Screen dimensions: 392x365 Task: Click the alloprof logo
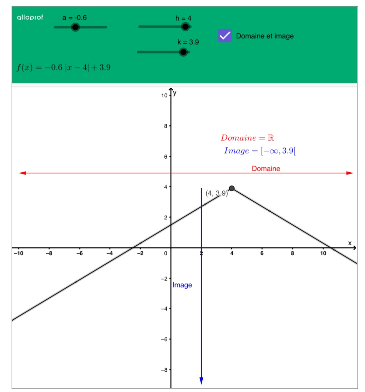(x=30, y=18)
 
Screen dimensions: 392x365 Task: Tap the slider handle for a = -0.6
(x=75, y=27)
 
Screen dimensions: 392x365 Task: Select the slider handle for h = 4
(x=185, y=27)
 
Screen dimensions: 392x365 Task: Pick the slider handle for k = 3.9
(x=183, y=52)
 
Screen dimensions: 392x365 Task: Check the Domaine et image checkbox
(x=225, y=36)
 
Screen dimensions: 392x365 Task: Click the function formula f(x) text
(x=63, y=68)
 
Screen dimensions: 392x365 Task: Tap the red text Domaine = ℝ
(x=247, y=138)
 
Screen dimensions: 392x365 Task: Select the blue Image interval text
(x=260, y=151)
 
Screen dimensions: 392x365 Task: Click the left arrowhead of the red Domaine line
(x=22, y=173)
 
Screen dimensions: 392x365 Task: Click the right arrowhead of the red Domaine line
(x=350, y=173)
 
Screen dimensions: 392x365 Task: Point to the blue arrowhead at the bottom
(x=201, y=381)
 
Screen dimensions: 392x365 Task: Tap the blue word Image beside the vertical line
(x=182, y=285)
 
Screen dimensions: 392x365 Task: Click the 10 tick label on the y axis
(x=165, y=96)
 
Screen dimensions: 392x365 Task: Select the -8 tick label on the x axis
(x=49, y=253)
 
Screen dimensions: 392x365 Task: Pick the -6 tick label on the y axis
(x=164, y=339)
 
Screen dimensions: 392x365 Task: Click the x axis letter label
(x=350, y=243)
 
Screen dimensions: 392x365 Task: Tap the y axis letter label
(x=175, y=93)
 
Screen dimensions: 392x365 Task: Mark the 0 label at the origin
(x=166, y=253)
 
